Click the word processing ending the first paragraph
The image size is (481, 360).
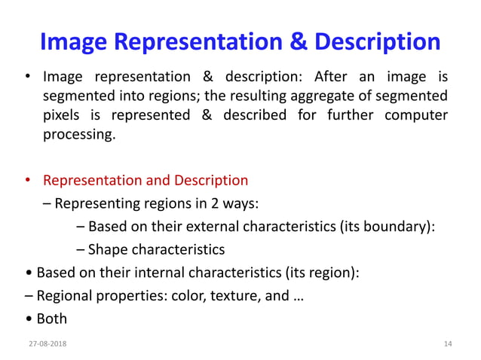tap(79, 136)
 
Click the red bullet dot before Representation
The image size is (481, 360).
tap(28, 181)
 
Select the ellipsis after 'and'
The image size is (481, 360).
tap(298, 295)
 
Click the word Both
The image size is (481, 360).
tap(52, 319)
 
